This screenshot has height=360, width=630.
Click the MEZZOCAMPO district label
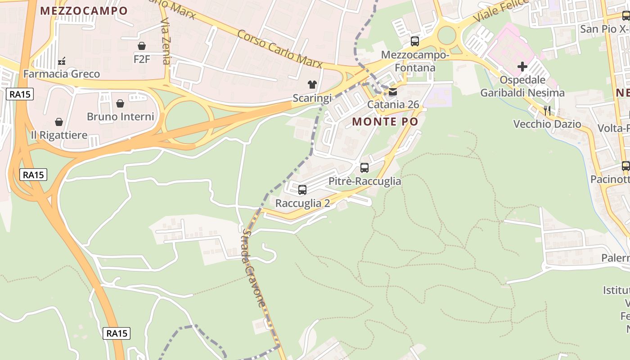click(84, 11)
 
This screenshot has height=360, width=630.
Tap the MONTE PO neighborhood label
click(385, 121)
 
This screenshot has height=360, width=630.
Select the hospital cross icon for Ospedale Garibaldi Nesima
click(522, 67)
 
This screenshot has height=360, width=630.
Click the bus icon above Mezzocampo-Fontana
click(415, 41)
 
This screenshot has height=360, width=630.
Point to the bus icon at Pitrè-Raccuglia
click(364, 168)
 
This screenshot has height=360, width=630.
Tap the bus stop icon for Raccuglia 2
click(302, 190)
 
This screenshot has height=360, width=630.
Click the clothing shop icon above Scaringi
click(312, 84)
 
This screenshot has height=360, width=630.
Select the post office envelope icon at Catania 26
click(393, 92)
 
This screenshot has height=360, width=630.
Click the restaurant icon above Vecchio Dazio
click(547, 110)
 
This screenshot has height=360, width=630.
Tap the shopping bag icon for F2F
click(142, 46)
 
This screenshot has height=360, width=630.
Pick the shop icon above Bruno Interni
click(120, 103)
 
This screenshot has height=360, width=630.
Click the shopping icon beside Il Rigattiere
click(59, 122)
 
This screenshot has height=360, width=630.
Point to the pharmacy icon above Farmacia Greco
click(62, 61)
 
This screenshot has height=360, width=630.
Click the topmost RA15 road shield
click(20, 94)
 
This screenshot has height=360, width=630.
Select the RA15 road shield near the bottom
click(117, 333)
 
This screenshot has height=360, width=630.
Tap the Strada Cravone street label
click(255, 268)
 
